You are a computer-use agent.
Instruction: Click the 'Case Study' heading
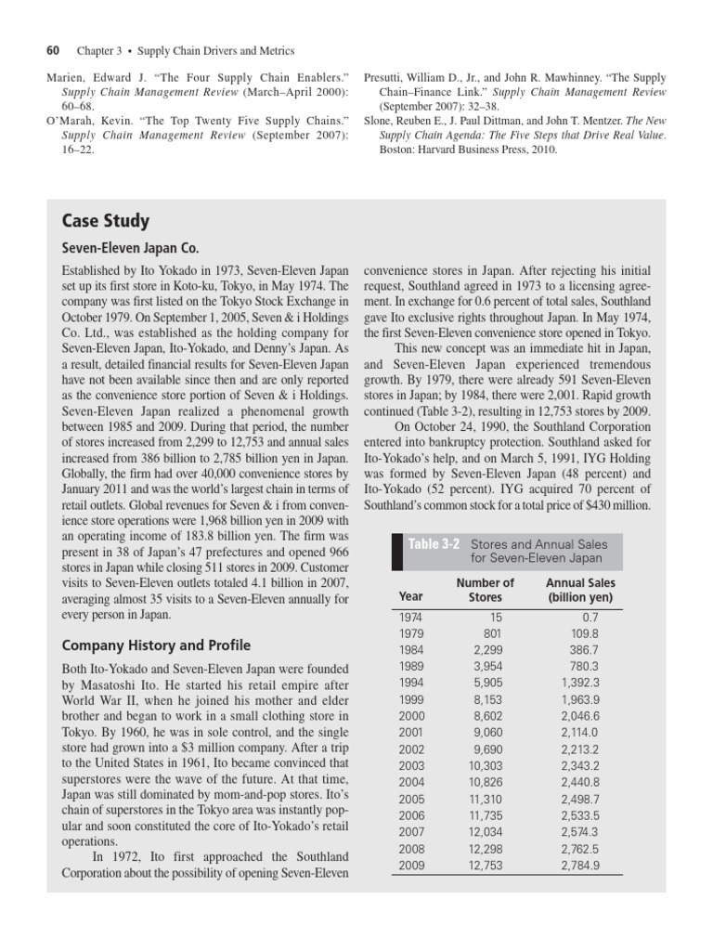pyautogui.click(x=105, y=222)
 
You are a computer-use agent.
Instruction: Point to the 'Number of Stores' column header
pyautogui.click(x=485, y=590)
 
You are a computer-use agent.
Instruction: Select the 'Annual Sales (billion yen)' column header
pyautogui.click(x=578, y=590)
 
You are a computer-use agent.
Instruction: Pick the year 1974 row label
pyautogui.click(x=410, y=617)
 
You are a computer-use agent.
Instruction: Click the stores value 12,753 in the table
pyautogui.click(x=494, y=866)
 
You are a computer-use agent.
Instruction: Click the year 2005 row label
pyautogui.click(x=410, y=799)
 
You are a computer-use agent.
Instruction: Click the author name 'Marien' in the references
pyautogui.click(x=65, y=79)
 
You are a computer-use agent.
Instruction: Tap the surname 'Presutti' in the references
pyautogui.click(x=390, y=79)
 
